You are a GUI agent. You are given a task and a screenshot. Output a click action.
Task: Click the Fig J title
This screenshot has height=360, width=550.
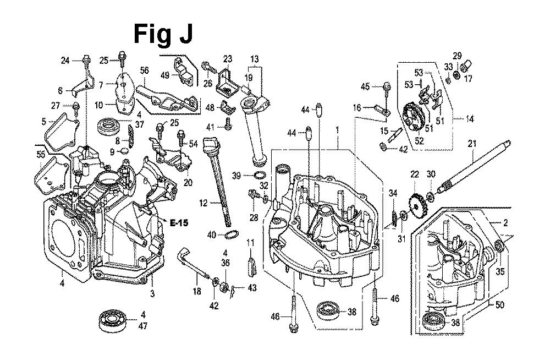pos(163,34)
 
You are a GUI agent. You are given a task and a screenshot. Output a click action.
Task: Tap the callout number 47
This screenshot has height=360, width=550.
pos(143,326)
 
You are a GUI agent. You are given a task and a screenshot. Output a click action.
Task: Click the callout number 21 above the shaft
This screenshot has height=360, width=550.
pos(471,144)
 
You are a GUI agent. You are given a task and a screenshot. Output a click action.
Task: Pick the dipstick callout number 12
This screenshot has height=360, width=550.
pos(203,203)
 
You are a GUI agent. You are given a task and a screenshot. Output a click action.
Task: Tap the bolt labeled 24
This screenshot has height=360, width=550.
pos(86,59)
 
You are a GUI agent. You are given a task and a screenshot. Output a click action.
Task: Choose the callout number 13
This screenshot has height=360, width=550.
pos(255,59)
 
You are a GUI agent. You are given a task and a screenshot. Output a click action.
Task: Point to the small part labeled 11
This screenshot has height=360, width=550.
pos(251,264)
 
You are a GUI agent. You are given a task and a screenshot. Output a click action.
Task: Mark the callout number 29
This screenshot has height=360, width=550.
pos(457,55)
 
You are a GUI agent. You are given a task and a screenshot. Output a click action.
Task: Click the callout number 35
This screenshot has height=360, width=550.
pos(499,271)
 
